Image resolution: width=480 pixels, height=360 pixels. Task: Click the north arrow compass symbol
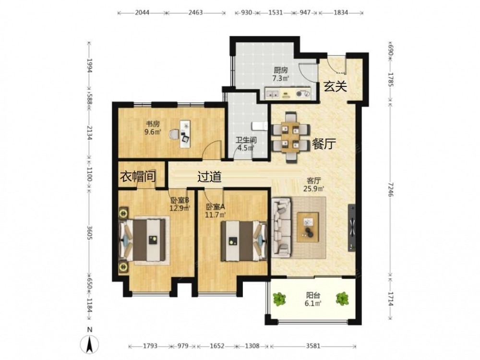click(89, 344)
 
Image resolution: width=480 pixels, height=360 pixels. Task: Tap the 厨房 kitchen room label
click(281, 70)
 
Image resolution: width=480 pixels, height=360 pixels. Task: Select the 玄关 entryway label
click(336, 86)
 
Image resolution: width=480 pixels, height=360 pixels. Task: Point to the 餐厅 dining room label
click(324, 144)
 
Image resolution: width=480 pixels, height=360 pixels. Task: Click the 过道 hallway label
click(209, 177)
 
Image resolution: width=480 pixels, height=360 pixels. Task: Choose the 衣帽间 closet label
click(137, 177)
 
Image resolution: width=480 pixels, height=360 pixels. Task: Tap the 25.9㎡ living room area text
click(314, 189)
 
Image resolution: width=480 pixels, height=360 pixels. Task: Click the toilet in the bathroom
click(259, 126)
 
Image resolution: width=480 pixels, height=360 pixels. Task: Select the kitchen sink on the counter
click(273, 94)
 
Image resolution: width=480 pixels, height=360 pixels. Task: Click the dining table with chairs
click(290, 137)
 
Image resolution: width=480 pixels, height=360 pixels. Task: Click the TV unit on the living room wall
click(352, 228)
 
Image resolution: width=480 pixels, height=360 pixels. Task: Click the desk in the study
click(185, 134)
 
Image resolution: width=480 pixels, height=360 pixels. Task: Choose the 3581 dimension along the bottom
click(313, 346)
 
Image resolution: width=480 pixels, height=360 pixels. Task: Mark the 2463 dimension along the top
click(195, 12)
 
